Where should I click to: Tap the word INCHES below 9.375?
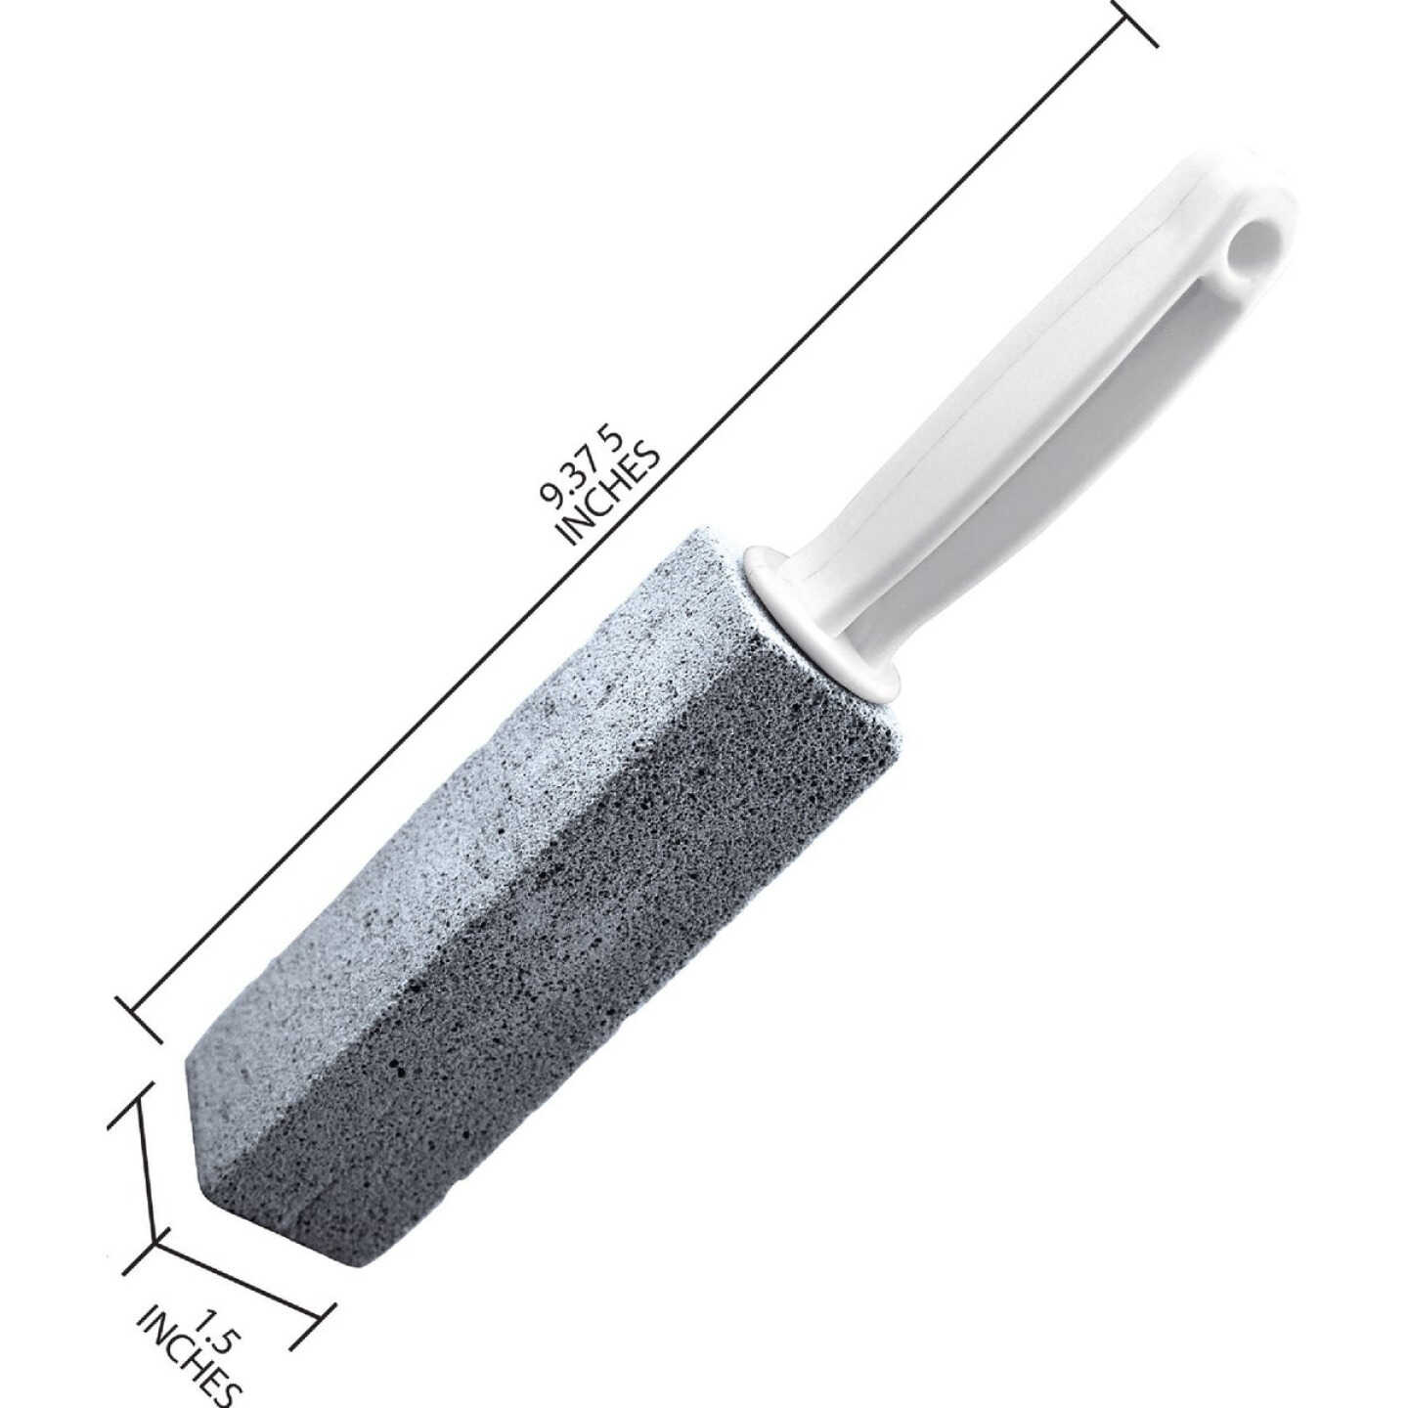[609, 495]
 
